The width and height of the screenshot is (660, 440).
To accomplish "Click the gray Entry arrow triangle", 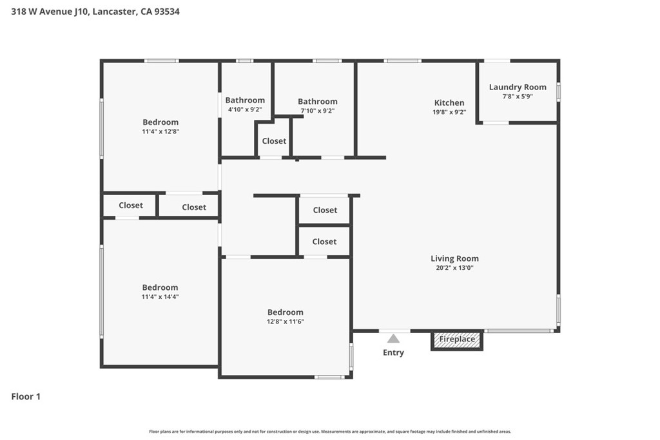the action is pyautogui.click(x=393, y=339).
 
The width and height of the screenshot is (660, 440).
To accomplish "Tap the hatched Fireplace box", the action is pyautogui.click(x=457, y=340).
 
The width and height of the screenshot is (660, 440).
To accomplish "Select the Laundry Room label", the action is pyautogui.click(x=518, y=87).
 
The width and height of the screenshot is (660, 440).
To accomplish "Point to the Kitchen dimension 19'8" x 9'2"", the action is pyautogui.click(x=449, y=112).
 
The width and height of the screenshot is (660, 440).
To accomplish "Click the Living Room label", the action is pyautogui.click(x=454, y=259).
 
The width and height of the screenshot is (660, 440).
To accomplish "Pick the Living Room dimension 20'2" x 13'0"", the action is pyautogui.click(x=454, y=267).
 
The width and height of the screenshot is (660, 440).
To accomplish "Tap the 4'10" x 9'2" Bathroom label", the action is pyautogui.click(x=245, y=100).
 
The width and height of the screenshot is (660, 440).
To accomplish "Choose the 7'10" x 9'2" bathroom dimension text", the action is pyautogui.click(x=317, y=111).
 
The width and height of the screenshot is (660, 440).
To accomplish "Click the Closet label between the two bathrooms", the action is pyautogui.click(x=274, y=141).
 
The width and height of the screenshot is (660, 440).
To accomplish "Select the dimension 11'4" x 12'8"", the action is pyautogui.click(x=160, y=131).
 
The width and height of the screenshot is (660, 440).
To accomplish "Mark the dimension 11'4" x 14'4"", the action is pyautogui.click(x=160, y=296).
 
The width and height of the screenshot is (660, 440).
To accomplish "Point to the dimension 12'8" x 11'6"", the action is pyautogui.click(x=286, y=321).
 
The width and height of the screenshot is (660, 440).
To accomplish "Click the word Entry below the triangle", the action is pyautogui.click(x=393, y=352).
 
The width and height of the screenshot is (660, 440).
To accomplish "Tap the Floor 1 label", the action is pyautogui.click(x=26, y=396).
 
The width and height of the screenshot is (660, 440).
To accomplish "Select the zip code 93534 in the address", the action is pyautogui.click(x=167, y=12).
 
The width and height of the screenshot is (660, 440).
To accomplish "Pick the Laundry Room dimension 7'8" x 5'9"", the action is pyautogui.click(x=518, y=97).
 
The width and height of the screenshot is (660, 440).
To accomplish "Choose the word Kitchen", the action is pyautogui.click(x=449, y=102).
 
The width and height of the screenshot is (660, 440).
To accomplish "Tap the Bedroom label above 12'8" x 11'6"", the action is pyautogui.click(x=286, y=312).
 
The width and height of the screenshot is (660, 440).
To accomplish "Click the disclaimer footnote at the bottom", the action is pyautogui.click(x=330, y=432).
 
